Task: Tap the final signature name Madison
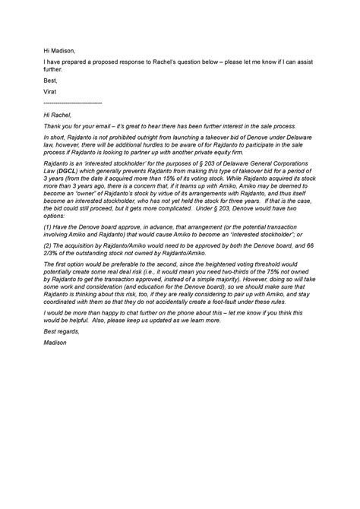click(57, 344)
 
